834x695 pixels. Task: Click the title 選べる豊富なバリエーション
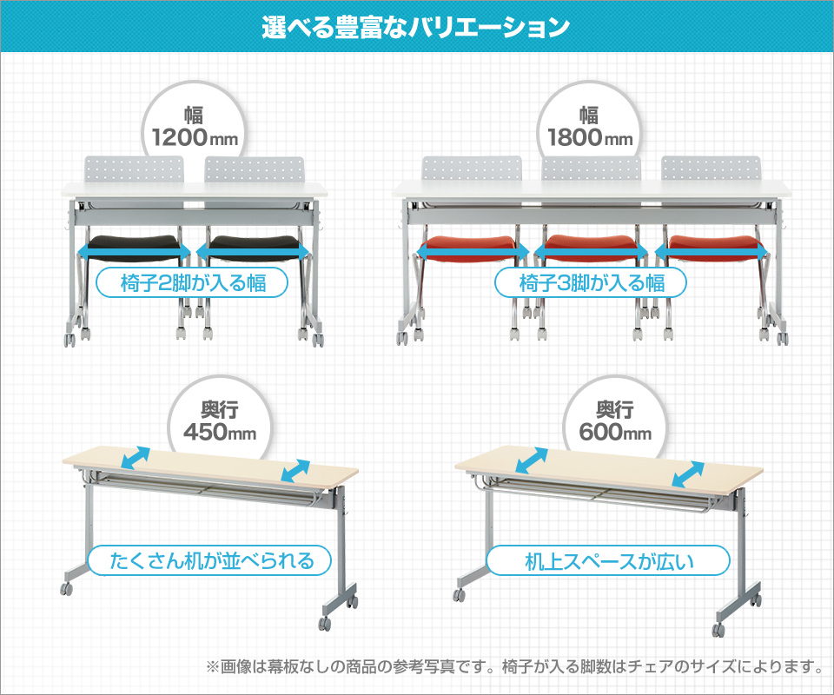click(x=415, y=27)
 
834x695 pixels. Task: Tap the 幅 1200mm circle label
click(x=194, y=128)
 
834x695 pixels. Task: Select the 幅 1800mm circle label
click(x=589, y=128)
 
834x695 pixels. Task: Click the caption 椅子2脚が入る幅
click(x=192, y=283)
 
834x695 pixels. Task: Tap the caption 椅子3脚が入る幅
click(x=591, y=283)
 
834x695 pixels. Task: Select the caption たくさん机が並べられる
click(x=209, y=560)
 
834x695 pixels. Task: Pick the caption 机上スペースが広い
click(x=608, y=560)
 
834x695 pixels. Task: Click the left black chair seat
click(x=133, y=248)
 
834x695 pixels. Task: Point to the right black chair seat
click(x=253, y=248)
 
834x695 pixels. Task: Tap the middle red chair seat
click(x=591, y=248)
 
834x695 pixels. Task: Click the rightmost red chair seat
click(x=712, y=248)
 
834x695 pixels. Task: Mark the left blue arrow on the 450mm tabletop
click(x=136, y=458)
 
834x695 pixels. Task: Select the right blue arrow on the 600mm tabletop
click(x=688, y=474)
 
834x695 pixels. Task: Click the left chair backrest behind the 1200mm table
click(x=134, y=169)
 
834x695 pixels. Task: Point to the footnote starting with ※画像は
click(x=514, y=666)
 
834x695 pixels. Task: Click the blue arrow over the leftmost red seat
click(x=473, y=251)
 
